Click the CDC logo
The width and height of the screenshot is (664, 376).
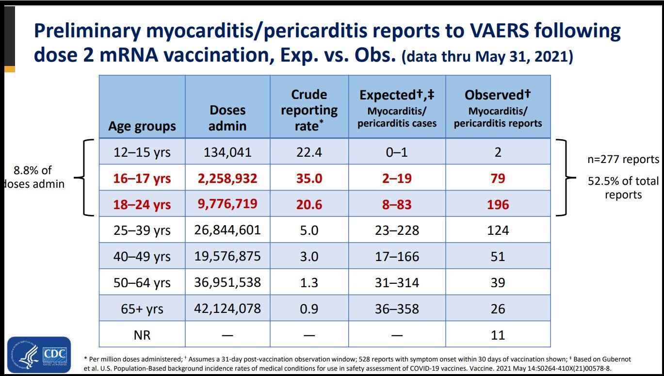click(39, 355)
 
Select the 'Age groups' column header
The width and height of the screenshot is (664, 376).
click(142, 126)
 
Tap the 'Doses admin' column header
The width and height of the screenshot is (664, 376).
click(227, 118)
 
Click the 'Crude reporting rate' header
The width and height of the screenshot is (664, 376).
click(309, 110)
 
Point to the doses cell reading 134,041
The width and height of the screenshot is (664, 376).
click(227, 152)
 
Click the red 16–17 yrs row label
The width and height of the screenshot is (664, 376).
click(142, 179)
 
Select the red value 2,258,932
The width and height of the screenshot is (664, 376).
click(227, 178)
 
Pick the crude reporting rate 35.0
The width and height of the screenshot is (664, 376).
click(309, 179)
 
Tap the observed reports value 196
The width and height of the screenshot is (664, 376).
click(498, 205)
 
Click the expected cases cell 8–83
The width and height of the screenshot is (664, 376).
click(397, 205)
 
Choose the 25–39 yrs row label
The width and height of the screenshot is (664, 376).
click(142, 230)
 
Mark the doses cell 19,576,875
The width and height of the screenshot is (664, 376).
click(227, 256)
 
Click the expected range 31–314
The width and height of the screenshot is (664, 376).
click(397, 282)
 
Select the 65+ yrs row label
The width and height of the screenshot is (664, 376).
click(142, 309)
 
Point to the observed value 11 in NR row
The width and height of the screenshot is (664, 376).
click(498, 335)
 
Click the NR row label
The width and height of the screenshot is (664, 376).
click(142, 335)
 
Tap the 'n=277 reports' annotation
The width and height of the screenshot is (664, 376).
click(623, 159)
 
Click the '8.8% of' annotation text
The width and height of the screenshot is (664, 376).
click(32, 170)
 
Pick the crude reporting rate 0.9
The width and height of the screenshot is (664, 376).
click(309, 309)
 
